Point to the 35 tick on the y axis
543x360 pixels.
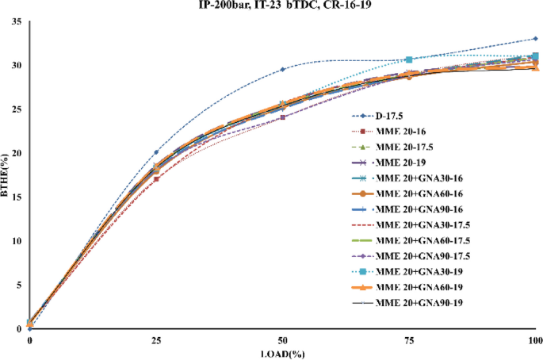point(15,21)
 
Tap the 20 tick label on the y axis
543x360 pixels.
point(15,153)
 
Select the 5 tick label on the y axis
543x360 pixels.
point(17,285)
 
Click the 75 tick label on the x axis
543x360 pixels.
point(410,340)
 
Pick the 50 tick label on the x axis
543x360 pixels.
point(283,340)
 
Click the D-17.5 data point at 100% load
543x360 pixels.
point(537,39)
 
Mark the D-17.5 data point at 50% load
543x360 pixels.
point(283,70)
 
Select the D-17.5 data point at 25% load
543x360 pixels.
point(156,152)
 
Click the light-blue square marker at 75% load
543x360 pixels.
point(409,59)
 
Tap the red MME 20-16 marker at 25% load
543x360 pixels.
point(156,178)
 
